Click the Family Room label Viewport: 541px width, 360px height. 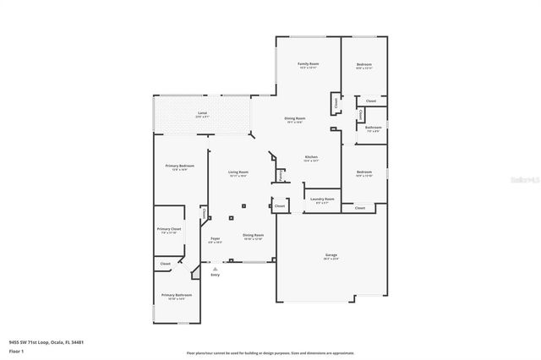(x=307, y=64)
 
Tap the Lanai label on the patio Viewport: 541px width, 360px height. (x=202, y=112)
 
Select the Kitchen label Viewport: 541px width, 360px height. (x=310, y=157)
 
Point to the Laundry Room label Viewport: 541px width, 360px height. (x=322, y=199)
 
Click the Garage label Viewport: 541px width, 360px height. (x=331, y=255)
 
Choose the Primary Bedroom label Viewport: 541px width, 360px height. (x=179, y=166)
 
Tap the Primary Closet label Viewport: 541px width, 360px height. (x=169, y=229)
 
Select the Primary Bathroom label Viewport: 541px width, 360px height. (x=177, y=294)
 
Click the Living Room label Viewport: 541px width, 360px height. (x=238, y=172)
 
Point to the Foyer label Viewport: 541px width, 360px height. (x=215, y=239)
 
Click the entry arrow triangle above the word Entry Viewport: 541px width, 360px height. (x=215, y=269)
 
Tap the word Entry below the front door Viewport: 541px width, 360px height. (x=215, y=275)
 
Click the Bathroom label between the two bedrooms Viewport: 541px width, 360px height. (x=373, y=128)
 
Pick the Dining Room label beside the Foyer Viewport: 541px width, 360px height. (x=253, y=235)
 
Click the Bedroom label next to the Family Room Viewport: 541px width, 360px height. (x=363, y=64)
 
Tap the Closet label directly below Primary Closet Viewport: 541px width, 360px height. (x=165, y=265)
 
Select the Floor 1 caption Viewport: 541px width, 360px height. (x=16, y=350)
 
